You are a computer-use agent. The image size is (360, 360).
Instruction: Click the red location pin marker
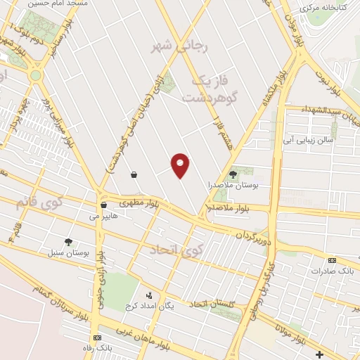[x=181, y=165]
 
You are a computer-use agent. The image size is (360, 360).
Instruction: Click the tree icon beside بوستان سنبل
[x=68, y=242]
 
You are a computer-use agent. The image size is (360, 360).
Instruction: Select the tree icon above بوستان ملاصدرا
[x=233, y=174]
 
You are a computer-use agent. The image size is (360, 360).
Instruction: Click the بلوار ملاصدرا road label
[x=230, y=209]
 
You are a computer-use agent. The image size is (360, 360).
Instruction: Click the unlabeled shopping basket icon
[x=133, y=173]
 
